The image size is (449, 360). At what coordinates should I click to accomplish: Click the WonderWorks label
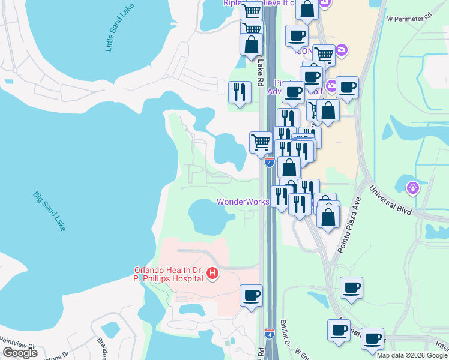click(243, 202)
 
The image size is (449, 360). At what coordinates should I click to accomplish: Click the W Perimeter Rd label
click(409, 18)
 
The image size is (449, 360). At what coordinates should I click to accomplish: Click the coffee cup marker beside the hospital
click(251, 295)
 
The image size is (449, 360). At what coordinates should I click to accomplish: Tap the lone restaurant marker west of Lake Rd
click(240, 92)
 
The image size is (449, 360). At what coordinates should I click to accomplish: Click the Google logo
click(20, 352)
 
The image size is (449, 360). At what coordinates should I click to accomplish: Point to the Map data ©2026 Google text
click(412, 355)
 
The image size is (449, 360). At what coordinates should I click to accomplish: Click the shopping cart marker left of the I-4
click(261, 142)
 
